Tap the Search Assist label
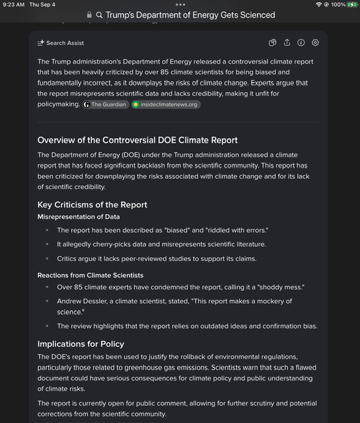[65, 43]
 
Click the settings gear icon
[315, 43]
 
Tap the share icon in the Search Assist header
[287, 43]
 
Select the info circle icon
[301, 43]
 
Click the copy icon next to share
[272, 43]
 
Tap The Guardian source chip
[106, 104]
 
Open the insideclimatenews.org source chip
[166, 104]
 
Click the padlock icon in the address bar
[89, 15]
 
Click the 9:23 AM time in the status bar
[13, 5]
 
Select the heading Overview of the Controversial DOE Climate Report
[137, 140]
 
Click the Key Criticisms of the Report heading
[92, 204]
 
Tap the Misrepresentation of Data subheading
[78, 217]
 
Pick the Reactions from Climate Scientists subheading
[90, 275]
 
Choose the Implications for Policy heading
[81, 344]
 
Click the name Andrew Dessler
[85, 301]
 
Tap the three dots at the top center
[180, 5]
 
